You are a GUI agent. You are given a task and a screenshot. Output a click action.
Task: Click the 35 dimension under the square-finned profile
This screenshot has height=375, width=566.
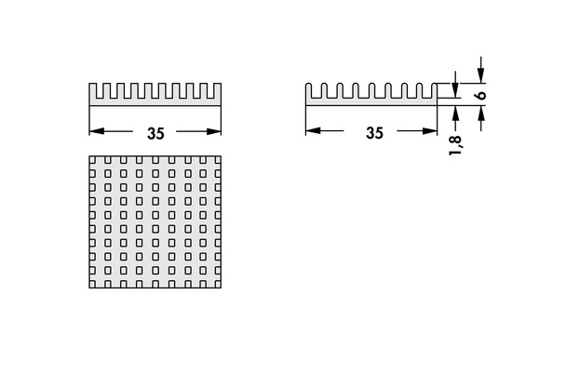155,133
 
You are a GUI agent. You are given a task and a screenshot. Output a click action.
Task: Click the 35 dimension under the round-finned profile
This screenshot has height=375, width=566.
374,133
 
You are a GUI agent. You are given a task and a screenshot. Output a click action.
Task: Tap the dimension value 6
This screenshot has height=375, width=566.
480,95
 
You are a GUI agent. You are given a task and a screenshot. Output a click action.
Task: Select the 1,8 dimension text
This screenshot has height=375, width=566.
455,145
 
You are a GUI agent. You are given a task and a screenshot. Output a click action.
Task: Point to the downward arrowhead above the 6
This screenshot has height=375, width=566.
480,75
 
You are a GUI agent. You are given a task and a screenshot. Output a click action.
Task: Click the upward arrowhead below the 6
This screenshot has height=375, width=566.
480,114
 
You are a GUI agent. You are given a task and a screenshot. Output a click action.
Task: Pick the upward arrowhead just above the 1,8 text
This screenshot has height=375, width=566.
455,114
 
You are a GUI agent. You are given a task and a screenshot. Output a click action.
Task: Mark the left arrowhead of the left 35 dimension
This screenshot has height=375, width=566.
97,131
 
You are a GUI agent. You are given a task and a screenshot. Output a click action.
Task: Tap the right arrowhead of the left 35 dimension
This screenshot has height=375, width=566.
213,131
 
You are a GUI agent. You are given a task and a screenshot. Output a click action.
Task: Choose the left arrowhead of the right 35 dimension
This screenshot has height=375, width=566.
313,130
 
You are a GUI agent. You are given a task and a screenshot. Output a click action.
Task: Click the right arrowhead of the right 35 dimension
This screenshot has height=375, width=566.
429,130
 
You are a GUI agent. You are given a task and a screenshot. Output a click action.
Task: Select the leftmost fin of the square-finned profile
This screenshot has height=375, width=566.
93,91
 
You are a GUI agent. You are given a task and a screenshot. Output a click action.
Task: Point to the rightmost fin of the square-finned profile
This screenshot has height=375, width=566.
217,91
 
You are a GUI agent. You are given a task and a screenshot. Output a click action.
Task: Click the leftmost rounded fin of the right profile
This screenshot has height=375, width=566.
309,90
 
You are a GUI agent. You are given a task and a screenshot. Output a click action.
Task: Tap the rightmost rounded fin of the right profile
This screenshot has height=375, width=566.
434,90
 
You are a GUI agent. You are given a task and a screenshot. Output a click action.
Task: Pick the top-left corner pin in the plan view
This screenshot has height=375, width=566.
92,159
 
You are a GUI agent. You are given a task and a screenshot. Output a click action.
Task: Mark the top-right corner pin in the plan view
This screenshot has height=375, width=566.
218,159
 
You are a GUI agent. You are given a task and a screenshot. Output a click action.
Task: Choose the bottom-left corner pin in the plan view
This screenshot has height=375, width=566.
92,285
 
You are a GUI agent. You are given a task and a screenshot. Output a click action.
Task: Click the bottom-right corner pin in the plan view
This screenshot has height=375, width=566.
218,285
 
